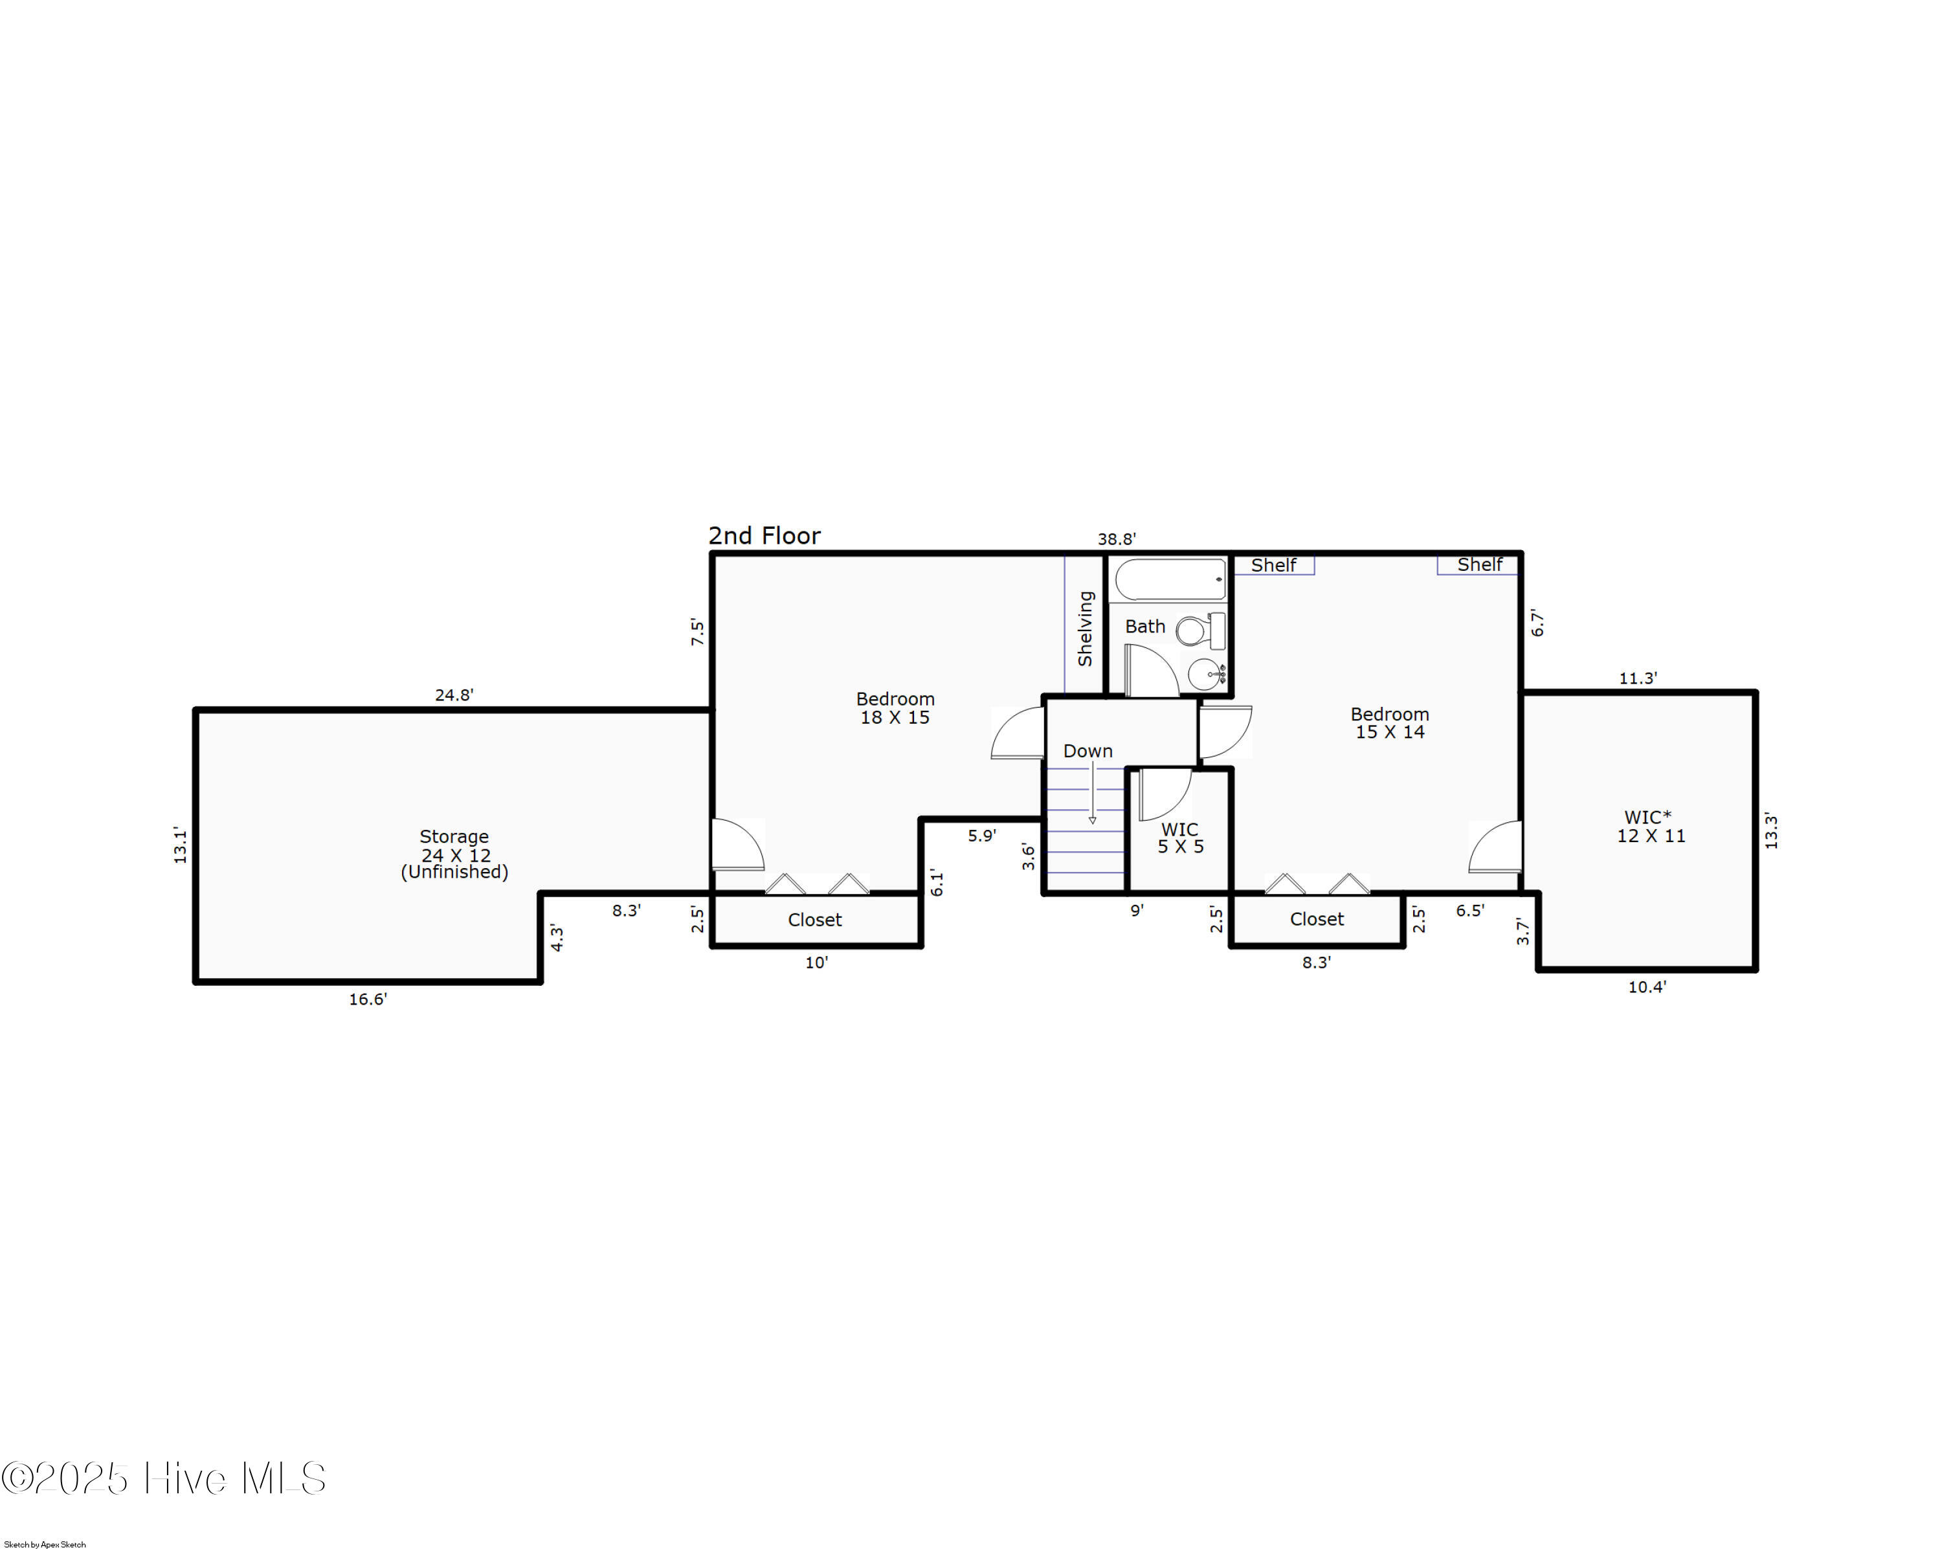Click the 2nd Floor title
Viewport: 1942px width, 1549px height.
coord(764,536)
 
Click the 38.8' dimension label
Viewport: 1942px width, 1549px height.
coord(1116,539)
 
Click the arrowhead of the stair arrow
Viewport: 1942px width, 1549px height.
coord(1093,820)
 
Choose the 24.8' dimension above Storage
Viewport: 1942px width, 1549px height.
coord(454,695)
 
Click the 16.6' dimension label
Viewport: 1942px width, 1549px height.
coord(368,999)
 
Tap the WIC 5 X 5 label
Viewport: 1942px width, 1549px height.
coord(1180,838)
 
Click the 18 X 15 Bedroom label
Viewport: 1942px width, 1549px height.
coord(895,708)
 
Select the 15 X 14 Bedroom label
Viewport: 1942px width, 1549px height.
coord(1390,723)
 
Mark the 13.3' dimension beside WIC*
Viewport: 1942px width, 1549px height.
coord(1771,830)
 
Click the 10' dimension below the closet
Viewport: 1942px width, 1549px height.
coord(816,963)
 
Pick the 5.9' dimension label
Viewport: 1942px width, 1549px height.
coord(982,835)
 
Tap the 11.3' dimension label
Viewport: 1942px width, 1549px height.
coord(1638,678)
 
